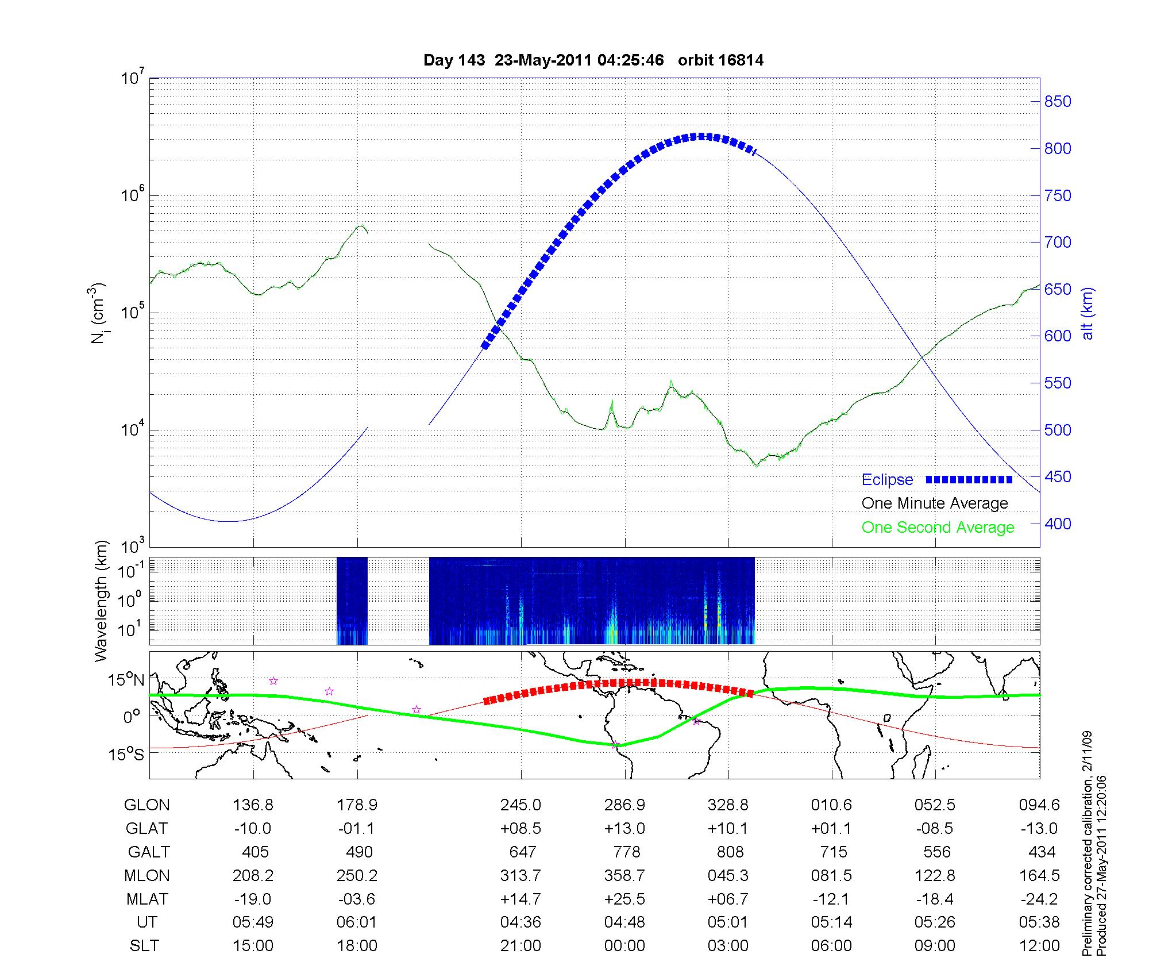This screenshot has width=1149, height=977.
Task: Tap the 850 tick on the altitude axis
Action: pyautogui.click(x=1058, y=102)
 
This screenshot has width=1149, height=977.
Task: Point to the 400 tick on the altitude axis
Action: pyautogui.click(x=1058, y=524)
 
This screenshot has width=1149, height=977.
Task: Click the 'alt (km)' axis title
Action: pyautogui.click(x=1088, y=313)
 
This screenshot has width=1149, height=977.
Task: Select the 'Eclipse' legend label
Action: pyautogui.click(x=887, y=480)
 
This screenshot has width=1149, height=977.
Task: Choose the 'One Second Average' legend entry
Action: pyautogui.click(x=938, y=528)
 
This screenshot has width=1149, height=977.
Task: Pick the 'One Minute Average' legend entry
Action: pyautogui.click(x=935, y=503)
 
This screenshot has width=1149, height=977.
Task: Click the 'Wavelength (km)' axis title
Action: pyautogui.click(x=102, y=601)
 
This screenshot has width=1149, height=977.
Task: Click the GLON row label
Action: pyautogui.click(x=146, y=805)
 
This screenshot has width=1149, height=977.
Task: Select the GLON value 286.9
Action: pyautogui.click(x=624, y=805)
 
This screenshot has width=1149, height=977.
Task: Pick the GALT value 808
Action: pyautogui.click(x=730, y=852)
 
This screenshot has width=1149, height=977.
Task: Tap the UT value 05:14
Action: pyautogui.click(x=832, y=922)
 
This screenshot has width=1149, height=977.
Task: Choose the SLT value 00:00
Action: pyautogui.click(x=624, y=946)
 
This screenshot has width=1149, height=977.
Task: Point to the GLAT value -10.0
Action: pyautogui.click(x=253, y=829)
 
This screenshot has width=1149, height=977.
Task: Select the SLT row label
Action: pyautogui.click(x=144, y=946)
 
